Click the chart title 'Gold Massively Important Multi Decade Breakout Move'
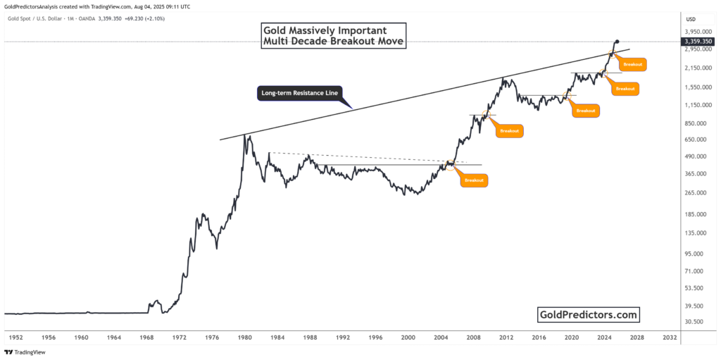(334, 36)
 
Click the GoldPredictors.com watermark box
(589, 314)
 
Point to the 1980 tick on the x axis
(245, 337)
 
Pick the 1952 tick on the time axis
(15, 337)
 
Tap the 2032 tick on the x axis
(670, 337)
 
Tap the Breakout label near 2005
(474, 180)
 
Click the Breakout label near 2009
(509, 130)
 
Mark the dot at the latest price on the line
(617, 42)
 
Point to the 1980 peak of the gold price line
(244, 135)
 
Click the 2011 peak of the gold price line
(503, 78)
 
